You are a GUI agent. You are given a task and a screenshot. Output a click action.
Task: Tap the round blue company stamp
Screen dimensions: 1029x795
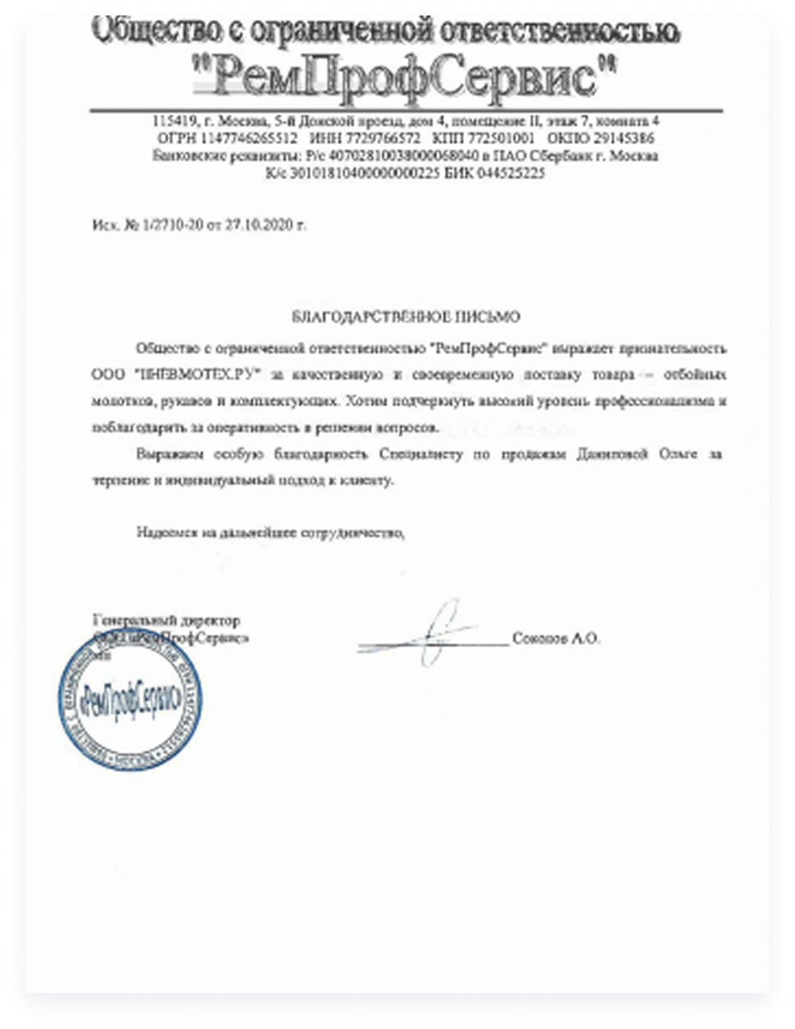[x=129, y=700]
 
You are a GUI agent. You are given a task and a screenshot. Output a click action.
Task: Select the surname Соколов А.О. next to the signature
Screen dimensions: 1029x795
[x=556, y=639]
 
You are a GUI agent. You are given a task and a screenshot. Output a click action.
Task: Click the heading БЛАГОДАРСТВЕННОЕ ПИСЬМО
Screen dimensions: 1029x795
[x=406, y=316]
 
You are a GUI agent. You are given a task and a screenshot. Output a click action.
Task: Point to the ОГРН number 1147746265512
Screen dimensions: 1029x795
[x=250, y=138]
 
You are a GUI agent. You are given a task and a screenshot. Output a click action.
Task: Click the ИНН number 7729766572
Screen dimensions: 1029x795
[x=383, y=138]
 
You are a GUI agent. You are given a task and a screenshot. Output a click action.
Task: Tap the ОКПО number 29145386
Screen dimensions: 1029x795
[x=624, y=138]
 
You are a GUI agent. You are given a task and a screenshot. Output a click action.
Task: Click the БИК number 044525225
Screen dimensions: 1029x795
[x=511, y=173]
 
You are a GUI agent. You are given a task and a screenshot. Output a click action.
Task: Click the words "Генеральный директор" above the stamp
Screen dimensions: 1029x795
[x=167, y=621]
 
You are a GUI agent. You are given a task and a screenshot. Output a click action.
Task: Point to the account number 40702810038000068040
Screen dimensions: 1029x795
[x=403, y=156]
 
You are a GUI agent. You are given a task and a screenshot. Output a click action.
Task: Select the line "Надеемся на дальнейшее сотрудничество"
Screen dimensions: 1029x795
[x=270, y=533]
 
